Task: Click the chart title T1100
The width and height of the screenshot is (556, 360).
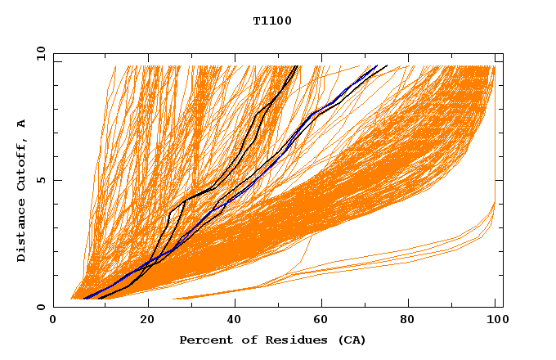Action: point(272,20)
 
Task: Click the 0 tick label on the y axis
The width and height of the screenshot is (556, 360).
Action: point(41,308)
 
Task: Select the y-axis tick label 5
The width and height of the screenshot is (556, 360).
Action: point(41,180)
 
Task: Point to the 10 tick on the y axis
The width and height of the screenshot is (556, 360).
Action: point(38,53)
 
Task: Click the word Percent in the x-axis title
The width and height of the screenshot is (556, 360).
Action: point(202,340)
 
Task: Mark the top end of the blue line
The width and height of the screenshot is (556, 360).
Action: point(376,65)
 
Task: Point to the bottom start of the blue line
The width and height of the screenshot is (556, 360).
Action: point(84,299)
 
